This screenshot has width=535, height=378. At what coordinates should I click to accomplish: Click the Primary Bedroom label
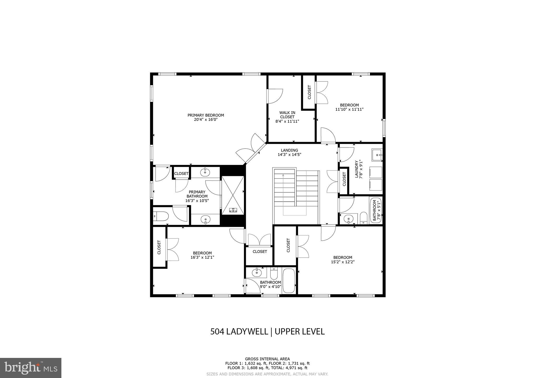click(x=206, y=115)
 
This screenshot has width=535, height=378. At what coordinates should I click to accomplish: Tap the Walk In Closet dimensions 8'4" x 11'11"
click(x=287, y=121)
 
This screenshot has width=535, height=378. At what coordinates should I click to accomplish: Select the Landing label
click(x=289, y=150)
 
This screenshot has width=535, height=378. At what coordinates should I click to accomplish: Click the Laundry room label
click(x=357, y=169)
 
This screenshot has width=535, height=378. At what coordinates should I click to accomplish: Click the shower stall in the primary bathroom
click(x=233, y=195)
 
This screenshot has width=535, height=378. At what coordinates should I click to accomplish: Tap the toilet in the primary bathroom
click(x=161, y=216)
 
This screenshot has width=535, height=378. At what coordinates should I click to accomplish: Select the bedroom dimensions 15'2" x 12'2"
click(x=342, y=262)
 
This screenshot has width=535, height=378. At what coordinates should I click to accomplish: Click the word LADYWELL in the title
click(x=247, y=332)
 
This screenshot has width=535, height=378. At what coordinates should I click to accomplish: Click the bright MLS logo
click(x=31, y=368)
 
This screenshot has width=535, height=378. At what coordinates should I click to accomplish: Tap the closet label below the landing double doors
click(x=260, y=252)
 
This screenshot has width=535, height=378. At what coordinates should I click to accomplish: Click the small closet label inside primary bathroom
click(x=181, y=174)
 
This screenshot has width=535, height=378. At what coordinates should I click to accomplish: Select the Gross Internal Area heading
click(x=267, y=359)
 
